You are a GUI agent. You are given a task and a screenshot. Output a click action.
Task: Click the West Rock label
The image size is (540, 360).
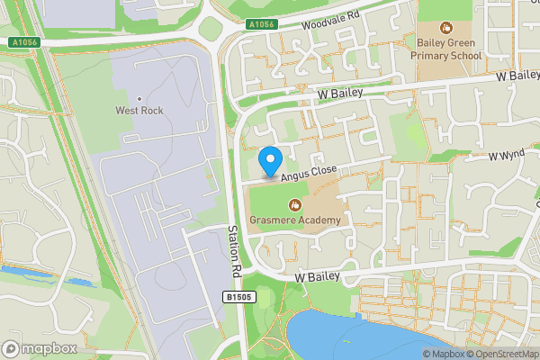pyautogui.click(x=139, y=111)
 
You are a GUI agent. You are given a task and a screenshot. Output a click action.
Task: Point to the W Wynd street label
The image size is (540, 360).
pyautogui.click(x=507, y=156)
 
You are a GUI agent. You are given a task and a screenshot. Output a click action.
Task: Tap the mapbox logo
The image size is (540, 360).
pyautogui.click(x=39, y=348)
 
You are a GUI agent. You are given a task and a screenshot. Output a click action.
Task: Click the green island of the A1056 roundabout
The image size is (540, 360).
pyautogui.click(x=209, y=29)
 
